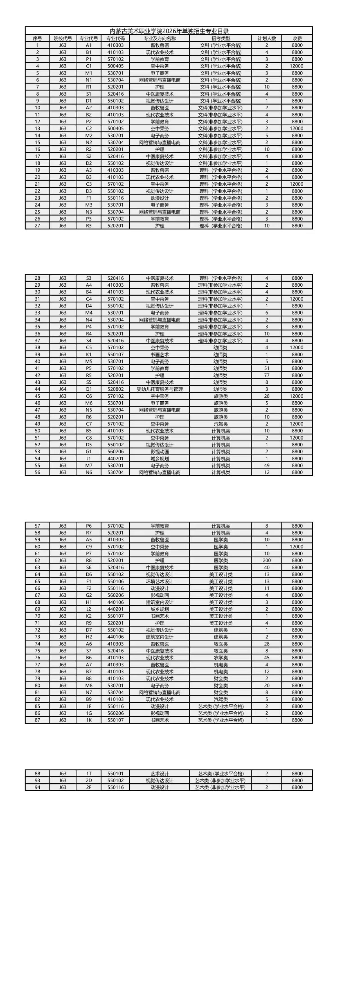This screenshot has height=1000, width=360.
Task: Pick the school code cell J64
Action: point(62,389)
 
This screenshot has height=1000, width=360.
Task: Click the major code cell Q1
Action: point(89,389)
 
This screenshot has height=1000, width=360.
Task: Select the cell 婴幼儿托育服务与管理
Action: point(160,389)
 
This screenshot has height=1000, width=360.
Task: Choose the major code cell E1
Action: point(89,582)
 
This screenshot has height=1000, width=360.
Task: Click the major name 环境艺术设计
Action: point(160,582)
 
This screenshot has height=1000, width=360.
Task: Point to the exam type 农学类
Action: point(220,658)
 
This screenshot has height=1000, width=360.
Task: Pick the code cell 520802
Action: point(115,389)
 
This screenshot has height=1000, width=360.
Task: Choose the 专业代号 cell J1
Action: point(89,458)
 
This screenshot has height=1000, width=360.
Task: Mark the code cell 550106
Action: point(115,582)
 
